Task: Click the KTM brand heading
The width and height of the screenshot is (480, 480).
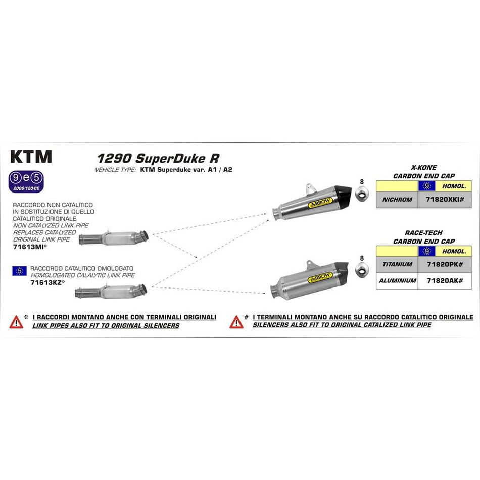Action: tap(31, 157)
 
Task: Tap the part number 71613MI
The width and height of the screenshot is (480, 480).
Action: tap(28, 248)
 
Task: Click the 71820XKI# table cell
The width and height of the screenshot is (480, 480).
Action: tap(443, 200)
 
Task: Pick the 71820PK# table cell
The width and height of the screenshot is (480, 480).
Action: tap(443, 264)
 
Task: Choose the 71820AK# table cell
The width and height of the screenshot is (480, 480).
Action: tap(443, 280)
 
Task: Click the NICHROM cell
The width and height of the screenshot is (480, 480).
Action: tap(397, 200)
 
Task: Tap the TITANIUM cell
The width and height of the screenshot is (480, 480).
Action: tap(397, 264)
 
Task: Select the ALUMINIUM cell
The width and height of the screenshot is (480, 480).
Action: tap(397, 280)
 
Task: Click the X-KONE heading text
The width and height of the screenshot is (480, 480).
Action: tap(423, 168)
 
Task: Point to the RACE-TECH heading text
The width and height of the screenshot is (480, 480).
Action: tap(423, 233)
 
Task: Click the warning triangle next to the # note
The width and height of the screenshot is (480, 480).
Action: tap(236, 321)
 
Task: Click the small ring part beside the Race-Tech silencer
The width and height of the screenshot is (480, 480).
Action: tap(361, 273)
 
